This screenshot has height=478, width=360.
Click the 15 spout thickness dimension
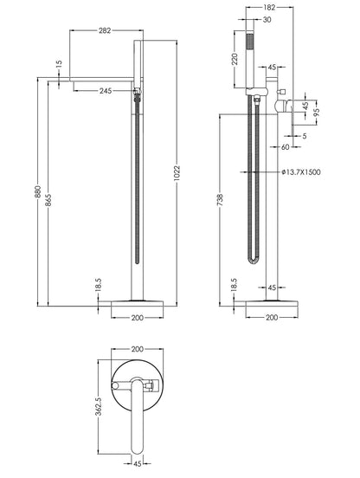coord(59,64)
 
